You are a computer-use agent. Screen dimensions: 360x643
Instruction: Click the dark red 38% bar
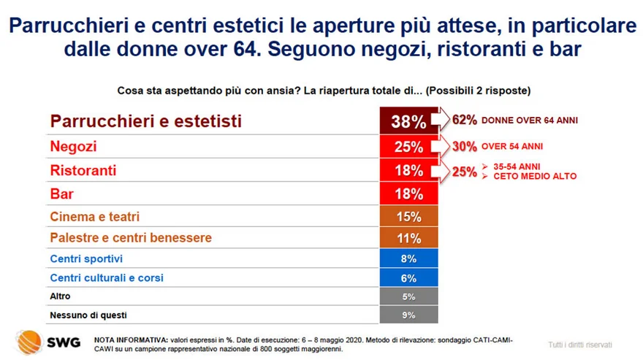coord(408,121)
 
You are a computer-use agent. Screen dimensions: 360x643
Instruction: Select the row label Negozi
coord(73,147)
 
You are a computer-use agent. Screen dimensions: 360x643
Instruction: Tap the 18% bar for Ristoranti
coord(408,170)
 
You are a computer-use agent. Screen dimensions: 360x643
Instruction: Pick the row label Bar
coord(62,194)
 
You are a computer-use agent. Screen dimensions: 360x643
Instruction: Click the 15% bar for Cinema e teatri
coord(408,217)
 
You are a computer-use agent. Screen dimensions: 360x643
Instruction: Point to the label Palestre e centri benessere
coord(131,238)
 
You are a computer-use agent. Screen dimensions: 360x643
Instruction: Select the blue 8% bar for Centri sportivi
coord(408,258)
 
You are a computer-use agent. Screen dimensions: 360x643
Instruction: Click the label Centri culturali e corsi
coord(107,278)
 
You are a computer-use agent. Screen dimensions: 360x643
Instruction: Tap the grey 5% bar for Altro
coord(408,296)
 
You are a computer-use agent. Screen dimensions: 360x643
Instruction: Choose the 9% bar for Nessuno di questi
coord(408,315)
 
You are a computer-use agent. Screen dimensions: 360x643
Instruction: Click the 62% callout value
coord(465,120)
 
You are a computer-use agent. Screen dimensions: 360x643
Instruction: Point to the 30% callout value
coord(465,146)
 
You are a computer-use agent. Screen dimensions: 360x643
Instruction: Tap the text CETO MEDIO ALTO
coord(535,177)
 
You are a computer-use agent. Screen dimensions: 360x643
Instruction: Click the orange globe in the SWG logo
coord(28,340)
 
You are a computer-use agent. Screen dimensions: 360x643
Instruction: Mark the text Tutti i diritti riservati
coord(579,345)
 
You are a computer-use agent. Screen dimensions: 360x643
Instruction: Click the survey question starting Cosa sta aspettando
coord(324,91)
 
